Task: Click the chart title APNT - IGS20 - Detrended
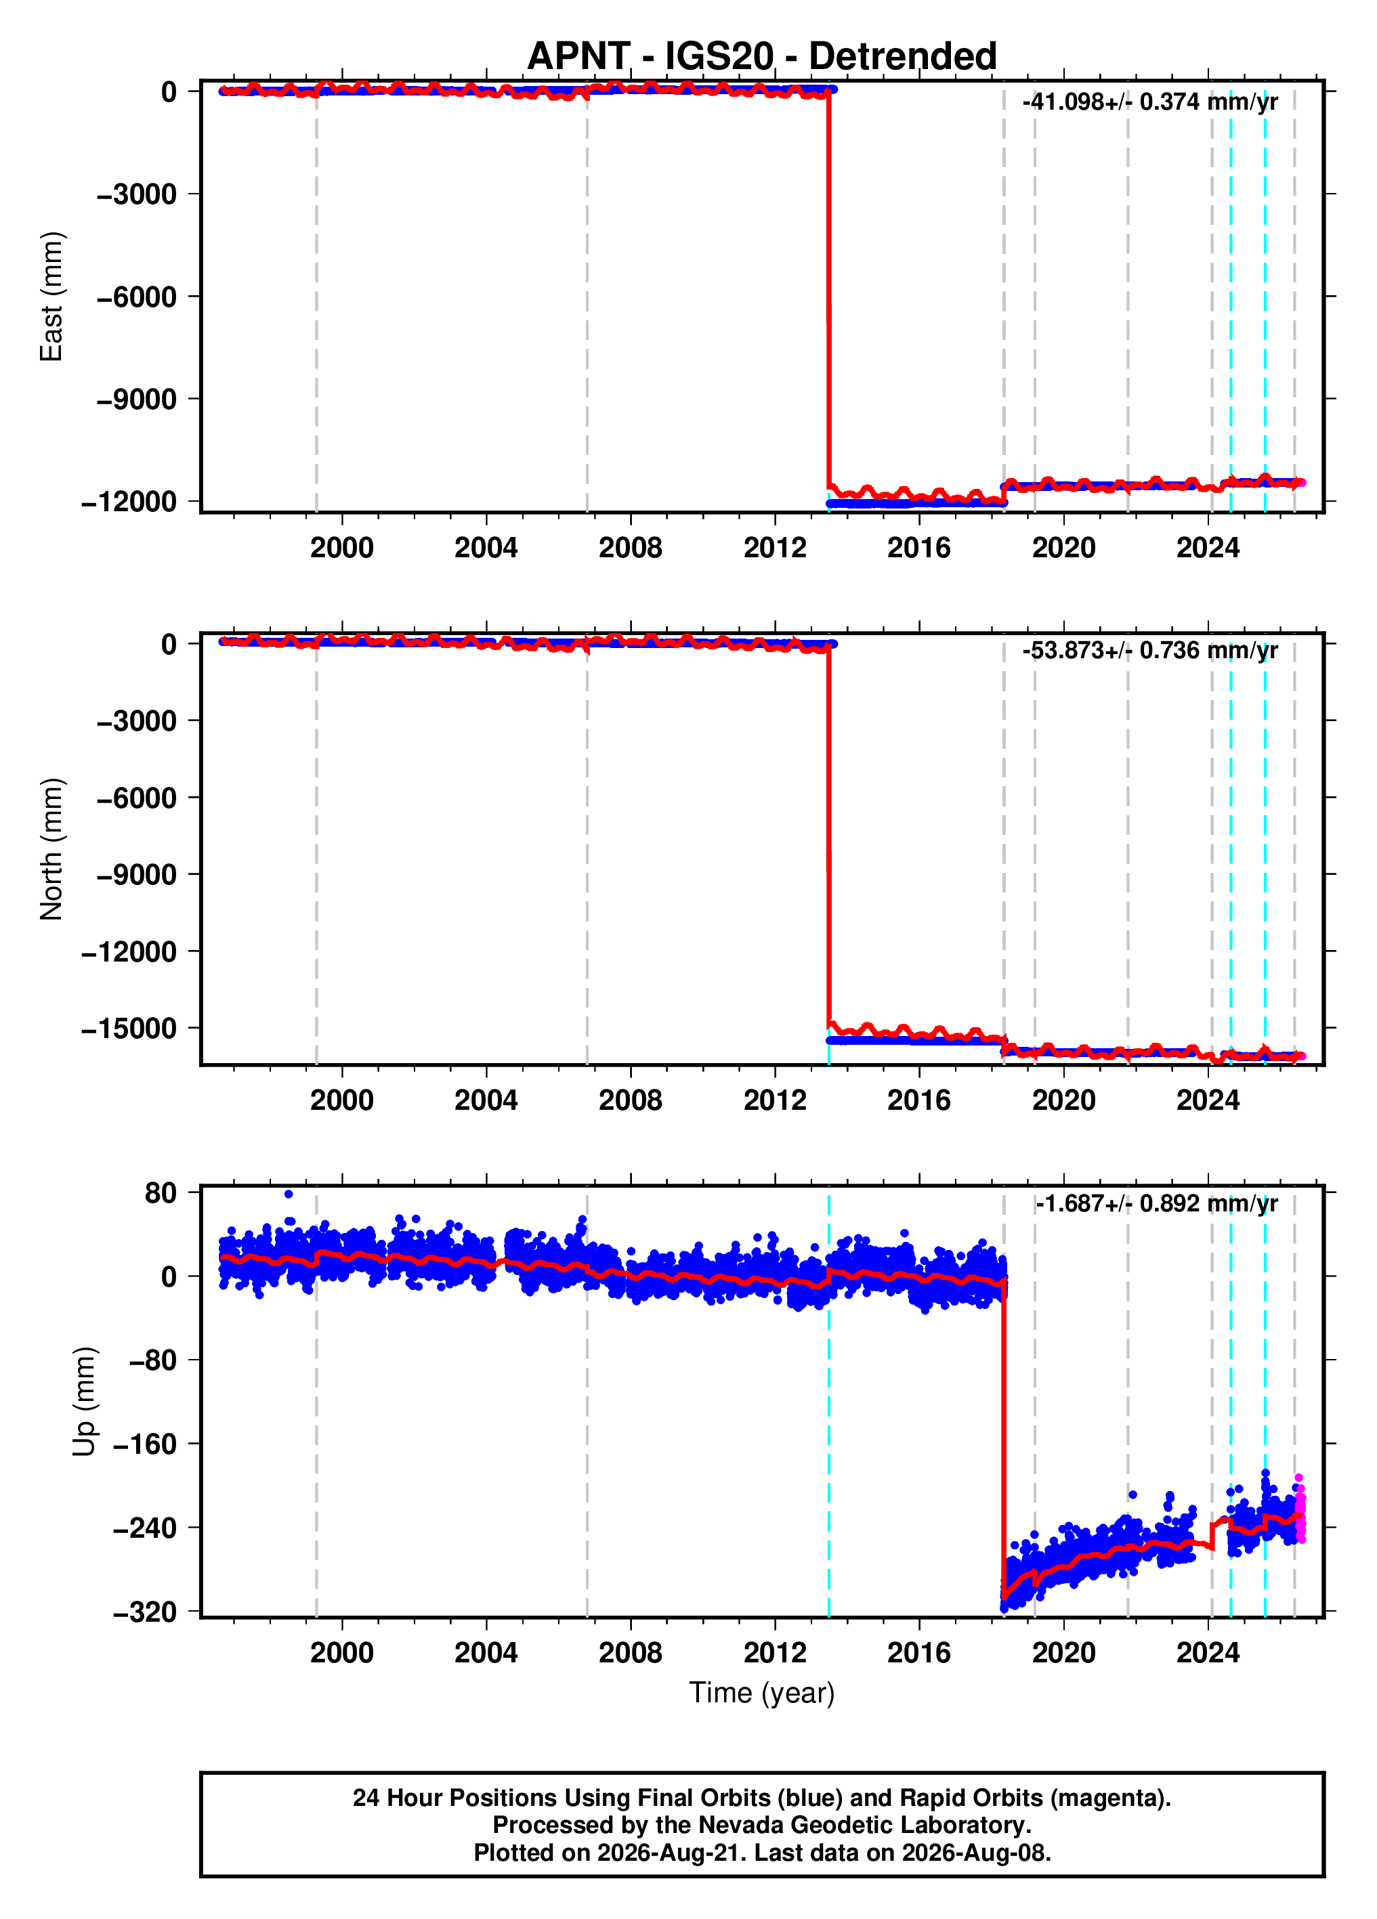762,56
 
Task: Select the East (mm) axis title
51,296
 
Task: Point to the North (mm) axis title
51,848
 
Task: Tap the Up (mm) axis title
85,1401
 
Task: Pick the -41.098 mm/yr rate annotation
1150,102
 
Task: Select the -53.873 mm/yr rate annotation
1150,650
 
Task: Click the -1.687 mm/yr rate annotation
1156,1203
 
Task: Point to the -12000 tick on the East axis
129,502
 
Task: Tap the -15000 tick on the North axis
129,1028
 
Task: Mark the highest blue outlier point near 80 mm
289,1194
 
